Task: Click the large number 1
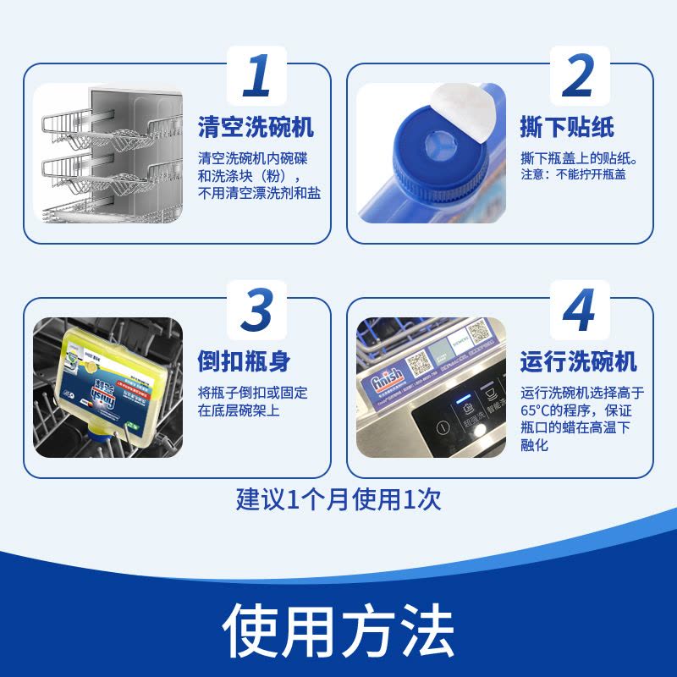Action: point(256,75)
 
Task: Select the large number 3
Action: point(256,311)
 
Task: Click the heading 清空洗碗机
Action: point(256,129)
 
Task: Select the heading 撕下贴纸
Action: point(566,129)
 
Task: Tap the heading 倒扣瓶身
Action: point(244,361)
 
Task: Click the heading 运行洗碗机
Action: point(578,362)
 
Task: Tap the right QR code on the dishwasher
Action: point(480,332)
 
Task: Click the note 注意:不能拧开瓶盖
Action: point(574,175)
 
